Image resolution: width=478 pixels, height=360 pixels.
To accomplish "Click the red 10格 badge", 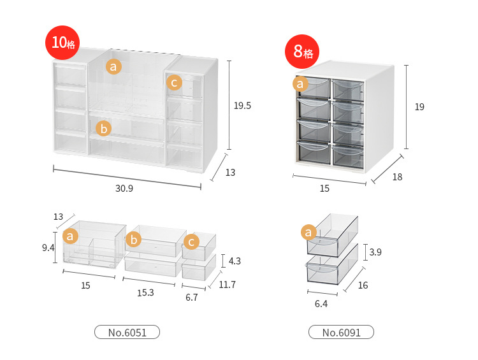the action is click(61, 43).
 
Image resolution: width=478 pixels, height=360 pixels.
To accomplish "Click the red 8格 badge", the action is click(303, 52).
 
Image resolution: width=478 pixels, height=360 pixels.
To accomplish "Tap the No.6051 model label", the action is click(127, 332).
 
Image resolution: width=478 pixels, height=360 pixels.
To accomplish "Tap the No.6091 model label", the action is click(341, 332).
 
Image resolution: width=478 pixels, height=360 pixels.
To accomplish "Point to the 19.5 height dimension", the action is click(242, 106).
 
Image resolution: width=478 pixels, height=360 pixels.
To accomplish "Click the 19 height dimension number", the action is click(419, 107).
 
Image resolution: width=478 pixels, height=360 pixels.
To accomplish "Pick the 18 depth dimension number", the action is click(397, 177).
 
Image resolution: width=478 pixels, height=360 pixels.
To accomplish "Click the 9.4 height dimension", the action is click(48, 248).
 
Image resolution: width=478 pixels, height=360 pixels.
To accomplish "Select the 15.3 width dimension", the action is click(145, 292).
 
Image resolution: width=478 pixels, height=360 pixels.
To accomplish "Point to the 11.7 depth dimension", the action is click(226, 285).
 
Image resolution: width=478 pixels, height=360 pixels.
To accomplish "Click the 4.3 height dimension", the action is click(234, 261).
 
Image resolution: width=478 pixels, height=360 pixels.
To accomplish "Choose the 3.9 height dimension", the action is click(376, 252).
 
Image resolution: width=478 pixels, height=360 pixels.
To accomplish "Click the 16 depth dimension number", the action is click(363, 285).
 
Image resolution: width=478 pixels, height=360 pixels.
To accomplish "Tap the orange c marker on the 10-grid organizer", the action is click(174, 82).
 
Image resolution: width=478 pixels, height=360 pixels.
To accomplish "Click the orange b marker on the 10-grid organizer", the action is click(103, 129).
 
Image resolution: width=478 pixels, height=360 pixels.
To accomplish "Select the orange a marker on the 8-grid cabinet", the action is click(301, 83).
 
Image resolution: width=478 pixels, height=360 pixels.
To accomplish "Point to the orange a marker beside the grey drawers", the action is click(310, 233).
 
